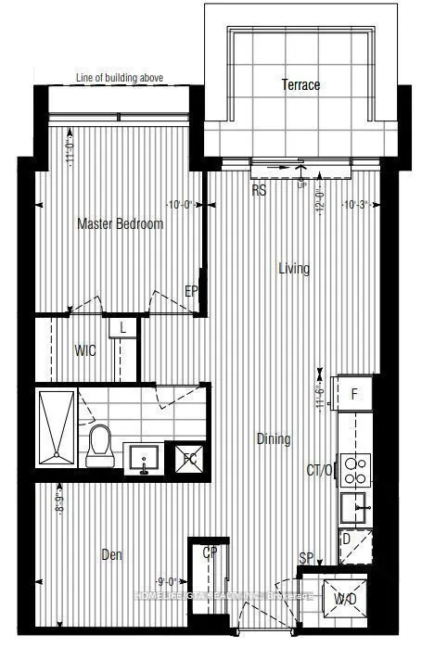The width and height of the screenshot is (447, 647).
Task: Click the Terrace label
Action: [x=300, y=85]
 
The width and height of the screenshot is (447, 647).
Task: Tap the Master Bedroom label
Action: [x=121, y=224]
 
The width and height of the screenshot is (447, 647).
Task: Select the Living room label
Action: [x=294, y=269]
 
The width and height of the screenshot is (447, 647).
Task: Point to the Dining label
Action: [x=274, y=439]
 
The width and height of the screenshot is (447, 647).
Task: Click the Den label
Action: [x=110, y=555]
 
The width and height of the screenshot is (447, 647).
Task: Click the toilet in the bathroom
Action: [x=100, y=447]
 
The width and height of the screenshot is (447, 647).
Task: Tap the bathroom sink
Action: [x=144, y=456]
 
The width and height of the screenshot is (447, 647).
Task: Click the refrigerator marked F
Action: [x=353, y=394]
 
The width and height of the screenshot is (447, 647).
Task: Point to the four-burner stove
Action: [x=356, y=470]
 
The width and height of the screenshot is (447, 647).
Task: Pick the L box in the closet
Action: [x=122, y=327]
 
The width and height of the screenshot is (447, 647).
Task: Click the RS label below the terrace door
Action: [x=261, y=190]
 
